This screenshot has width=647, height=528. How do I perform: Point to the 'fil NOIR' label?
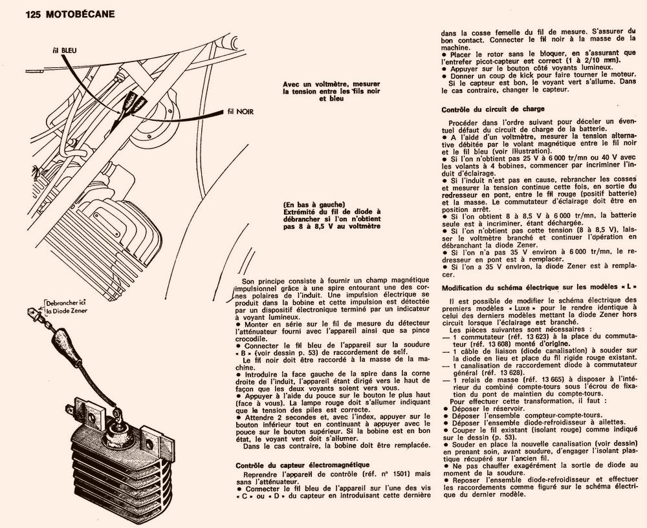click(241, 112)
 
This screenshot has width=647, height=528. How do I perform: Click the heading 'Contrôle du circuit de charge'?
click(492, 109)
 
